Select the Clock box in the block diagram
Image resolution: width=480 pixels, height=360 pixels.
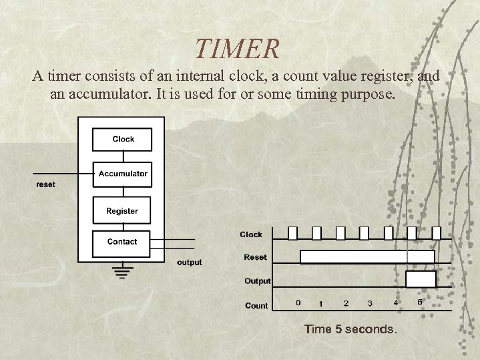pos(123,139)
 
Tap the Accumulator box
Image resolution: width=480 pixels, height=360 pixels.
pos(123,174)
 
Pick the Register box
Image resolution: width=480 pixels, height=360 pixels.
pos(122,210)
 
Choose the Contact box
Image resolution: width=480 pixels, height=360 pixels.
pos(122,242)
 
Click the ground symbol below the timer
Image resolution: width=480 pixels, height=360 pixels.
pos(121,270)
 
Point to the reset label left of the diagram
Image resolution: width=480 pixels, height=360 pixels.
pos(45,184)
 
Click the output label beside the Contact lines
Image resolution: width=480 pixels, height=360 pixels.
pos(189,262)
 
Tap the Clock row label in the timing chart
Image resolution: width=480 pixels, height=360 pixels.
pos(251,234)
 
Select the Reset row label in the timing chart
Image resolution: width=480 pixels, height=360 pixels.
pos(255,257)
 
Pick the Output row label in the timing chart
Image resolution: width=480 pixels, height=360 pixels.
pos(257,281)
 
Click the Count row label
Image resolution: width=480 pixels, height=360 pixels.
pos(256,305)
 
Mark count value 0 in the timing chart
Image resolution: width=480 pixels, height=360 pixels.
pos(298,303)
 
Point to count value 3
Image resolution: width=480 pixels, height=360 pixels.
pos(370,304)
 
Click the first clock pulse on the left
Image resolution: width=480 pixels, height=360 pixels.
pos(292,232)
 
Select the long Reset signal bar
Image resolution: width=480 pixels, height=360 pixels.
pos(367,257)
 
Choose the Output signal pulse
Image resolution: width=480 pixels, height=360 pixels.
pos(421,279)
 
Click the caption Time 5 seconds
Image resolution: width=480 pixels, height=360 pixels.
pos(350,329)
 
